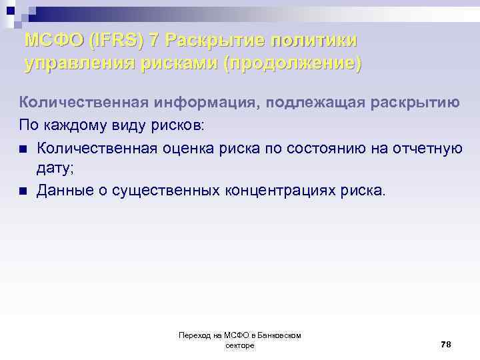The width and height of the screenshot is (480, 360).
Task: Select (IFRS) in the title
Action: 117,40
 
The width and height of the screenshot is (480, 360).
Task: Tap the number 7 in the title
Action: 155,40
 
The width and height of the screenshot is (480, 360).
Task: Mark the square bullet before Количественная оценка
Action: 23,148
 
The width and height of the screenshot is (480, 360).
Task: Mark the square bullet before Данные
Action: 23,192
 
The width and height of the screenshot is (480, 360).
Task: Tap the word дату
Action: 53,169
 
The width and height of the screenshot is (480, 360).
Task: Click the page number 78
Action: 446,344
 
